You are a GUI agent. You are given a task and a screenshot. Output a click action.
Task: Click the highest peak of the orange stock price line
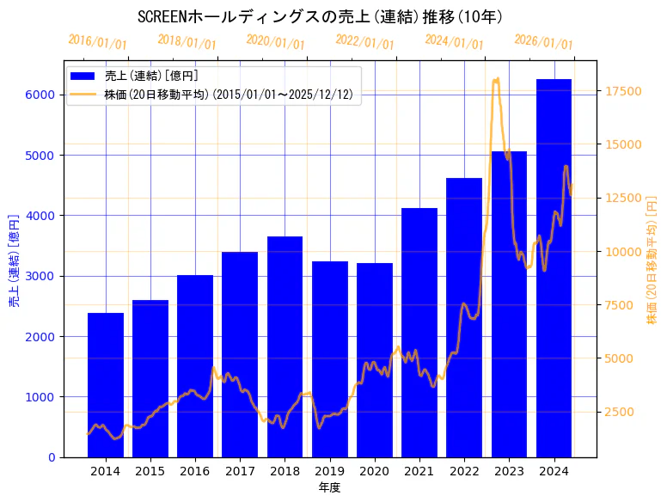click(496, 79)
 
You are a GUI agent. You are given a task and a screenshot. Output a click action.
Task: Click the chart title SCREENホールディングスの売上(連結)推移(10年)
click(320, 17)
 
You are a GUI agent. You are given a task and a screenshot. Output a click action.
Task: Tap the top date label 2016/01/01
click(97, 42)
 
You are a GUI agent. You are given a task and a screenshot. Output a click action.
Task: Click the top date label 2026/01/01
click(543, 42)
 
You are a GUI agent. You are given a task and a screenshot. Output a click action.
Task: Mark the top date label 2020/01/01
click(275, 42)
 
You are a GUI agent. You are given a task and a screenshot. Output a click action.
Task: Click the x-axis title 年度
click(329, 487)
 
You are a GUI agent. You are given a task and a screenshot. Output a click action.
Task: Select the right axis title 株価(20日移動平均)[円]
click(651, 259)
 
